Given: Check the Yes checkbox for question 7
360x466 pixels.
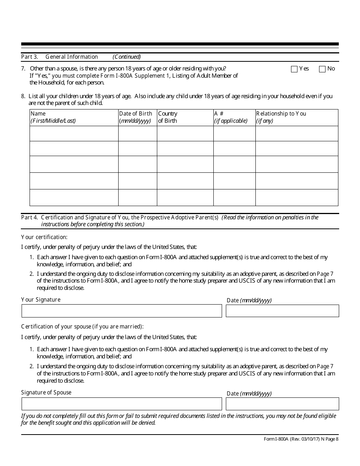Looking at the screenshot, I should [x=294, y=69].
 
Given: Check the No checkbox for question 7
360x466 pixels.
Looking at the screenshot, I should [x=322, y=69].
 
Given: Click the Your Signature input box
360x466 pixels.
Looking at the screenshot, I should [x=122, y=311].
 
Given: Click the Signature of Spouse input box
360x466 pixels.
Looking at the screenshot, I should [x=122, y=403].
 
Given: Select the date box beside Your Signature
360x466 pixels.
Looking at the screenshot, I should [x=282, y=311].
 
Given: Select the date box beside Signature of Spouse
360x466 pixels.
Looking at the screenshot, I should [x=282, y=403].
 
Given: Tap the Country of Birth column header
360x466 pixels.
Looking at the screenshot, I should [x=167, y=117].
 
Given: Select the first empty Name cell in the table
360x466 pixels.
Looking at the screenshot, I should [x=74, y=133].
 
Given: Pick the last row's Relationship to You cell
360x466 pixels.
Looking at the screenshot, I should [x=297, y=197].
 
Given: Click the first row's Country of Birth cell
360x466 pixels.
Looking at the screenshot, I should [x=185, y=133].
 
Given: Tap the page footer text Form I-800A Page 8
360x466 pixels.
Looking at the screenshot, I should [x=301, y=439].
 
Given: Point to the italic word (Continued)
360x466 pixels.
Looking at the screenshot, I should [x=127, y=57].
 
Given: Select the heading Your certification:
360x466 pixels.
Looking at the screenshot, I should [x=44, y=237].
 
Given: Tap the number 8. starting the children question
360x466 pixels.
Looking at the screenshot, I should [x=23, y=96].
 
